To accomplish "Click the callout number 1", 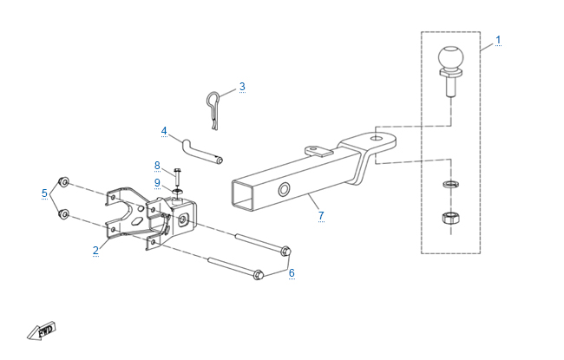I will pyautogui.click(x=499, y=40).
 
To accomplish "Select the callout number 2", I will pyautogui.click(x=95, y=251).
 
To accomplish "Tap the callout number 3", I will pyautogui.click(x=242, y=86).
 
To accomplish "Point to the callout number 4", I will pyautogui.click(x=163, y=131).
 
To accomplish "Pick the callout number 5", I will pyautogui.click(x=44, y=193).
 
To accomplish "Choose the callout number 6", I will pyautogui.click(x=292, y=272).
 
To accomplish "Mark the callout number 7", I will pyautogui.click(x=320, y=214).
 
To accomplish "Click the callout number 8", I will pyautogui.click(x=157, y=165).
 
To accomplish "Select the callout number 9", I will pyautogui.click(x=157, y=182).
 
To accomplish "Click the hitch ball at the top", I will pyautogui.click(x=450, y=61).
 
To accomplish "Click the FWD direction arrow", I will pyautogui.click(x=42, y=331).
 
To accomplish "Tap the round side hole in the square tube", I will pyautogui.click(x=285, y=189).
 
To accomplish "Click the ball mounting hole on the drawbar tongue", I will pyautogui.click(x=375, y=138).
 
